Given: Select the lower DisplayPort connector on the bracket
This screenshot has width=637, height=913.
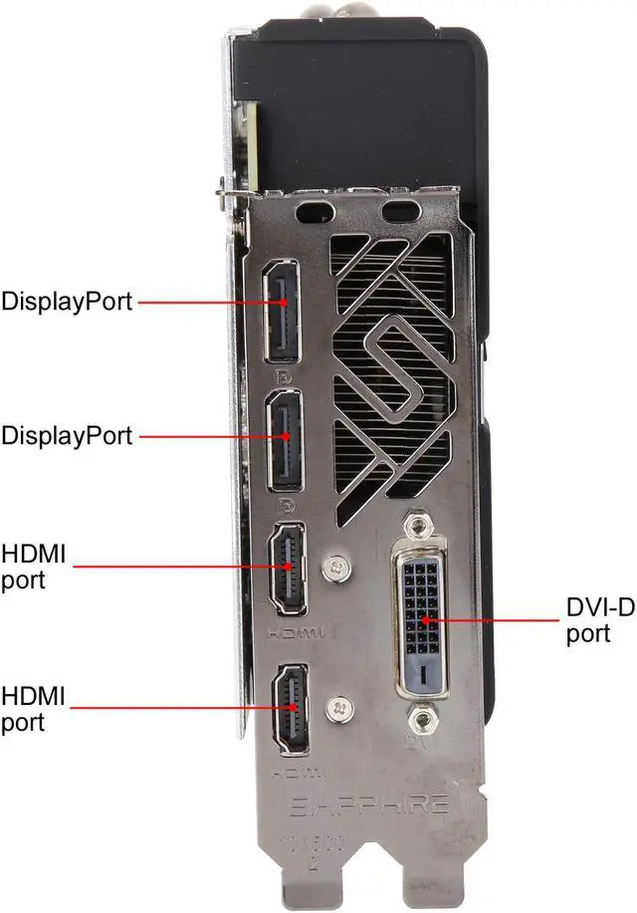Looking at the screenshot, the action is (x=286, y=439).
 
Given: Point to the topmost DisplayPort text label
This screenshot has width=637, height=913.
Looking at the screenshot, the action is (x=67, y=301).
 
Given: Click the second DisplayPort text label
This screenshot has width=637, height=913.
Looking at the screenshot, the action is (x=67, y=435).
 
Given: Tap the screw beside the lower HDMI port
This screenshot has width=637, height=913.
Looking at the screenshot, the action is (x=339, y=706).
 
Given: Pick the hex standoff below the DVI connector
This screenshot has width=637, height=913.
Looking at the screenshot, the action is (x=423, y=717).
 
